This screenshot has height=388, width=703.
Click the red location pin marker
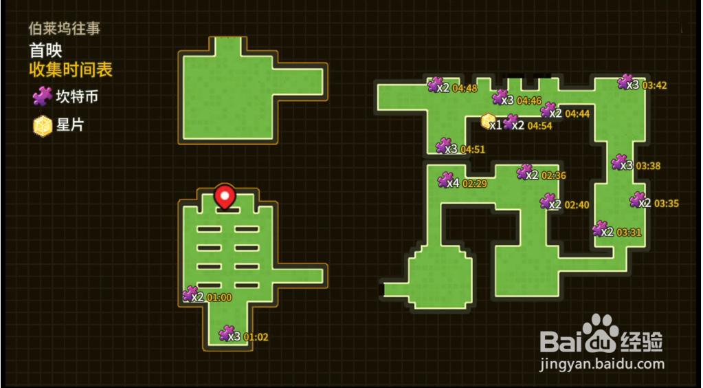point(225,197)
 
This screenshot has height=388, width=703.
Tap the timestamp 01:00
point(219,297)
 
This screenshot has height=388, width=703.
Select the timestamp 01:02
point(256,337)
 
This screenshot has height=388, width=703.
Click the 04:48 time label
point(465,88)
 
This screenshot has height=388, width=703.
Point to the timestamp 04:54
point(539,125)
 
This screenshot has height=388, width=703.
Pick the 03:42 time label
point(654,86)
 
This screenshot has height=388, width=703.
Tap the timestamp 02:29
point(475,184)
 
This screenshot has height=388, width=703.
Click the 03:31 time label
point(629,232)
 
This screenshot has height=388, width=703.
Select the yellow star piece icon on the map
point(488,122)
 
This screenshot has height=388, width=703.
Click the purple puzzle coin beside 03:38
point(618,162)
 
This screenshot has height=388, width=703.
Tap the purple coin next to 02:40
point(547,201)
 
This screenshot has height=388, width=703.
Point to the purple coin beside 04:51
point(443,146)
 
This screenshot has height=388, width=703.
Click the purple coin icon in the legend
point(43,96)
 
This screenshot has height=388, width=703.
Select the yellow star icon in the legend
point(43,126)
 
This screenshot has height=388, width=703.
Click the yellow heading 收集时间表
point(71,69)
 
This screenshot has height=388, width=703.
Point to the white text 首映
point(45,50)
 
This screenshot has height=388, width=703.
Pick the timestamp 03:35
point(667,203)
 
